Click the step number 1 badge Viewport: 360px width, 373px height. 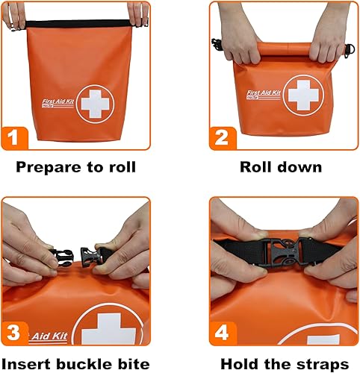pyautogui.click(x=16, y=137)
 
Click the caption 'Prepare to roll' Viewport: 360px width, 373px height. pyautogui.click(x=75, y=166)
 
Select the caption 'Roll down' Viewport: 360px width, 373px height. pyautogui.click(x=282, y=166)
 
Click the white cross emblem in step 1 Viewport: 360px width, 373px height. pyautogui.click(x=95, y=103)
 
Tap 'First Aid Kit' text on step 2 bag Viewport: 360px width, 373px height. pyautogui.click(x=266, y=93)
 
